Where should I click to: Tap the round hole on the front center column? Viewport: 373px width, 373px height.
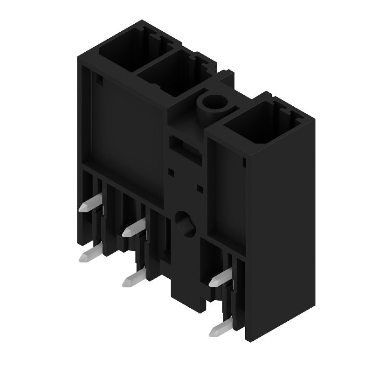click(183, 222)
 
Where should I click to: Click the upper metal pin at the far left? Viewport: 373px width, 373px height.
click(89, 206)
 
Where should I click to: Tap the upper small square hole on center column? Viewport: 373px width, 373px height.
click(171, 172)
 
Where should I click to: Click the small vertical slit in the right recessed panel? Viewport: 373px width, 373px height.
click(244, 163)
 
